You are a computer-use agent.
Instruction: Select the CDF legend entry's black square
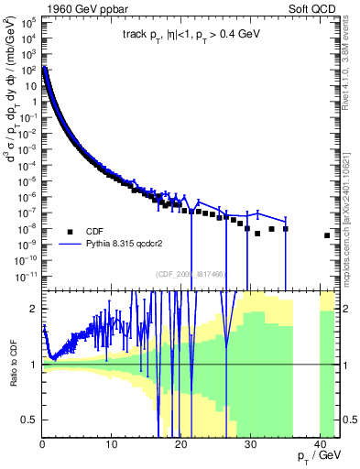click(68, 232)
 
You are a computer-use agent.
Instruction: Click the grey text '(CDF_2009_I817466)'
click(191, 273)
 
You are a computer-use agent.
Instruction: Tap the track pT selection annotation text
click(191, 37)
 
